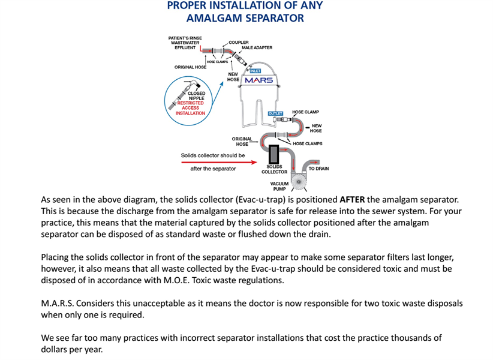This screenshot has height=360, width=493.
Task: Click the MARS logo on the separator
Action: (259, 80)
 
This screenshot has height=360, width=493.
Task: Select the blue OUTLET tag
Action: (275, 113)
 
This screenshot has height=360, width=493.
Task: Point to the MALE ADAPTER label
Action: (257, 47)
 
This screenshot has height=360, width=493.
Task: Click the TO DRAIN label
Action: (318, 169)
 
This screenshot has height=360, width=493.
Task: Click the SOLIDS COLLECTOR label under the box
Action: (274, 169)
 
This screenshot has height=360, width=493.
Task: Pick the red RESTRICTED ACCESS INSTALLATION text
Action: (190, 108)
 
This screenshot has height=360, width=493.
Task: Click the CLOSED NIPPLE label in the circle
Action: (196, 96)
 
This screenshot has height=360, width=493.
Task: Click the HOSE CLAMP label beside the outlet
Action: (305, 112)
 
